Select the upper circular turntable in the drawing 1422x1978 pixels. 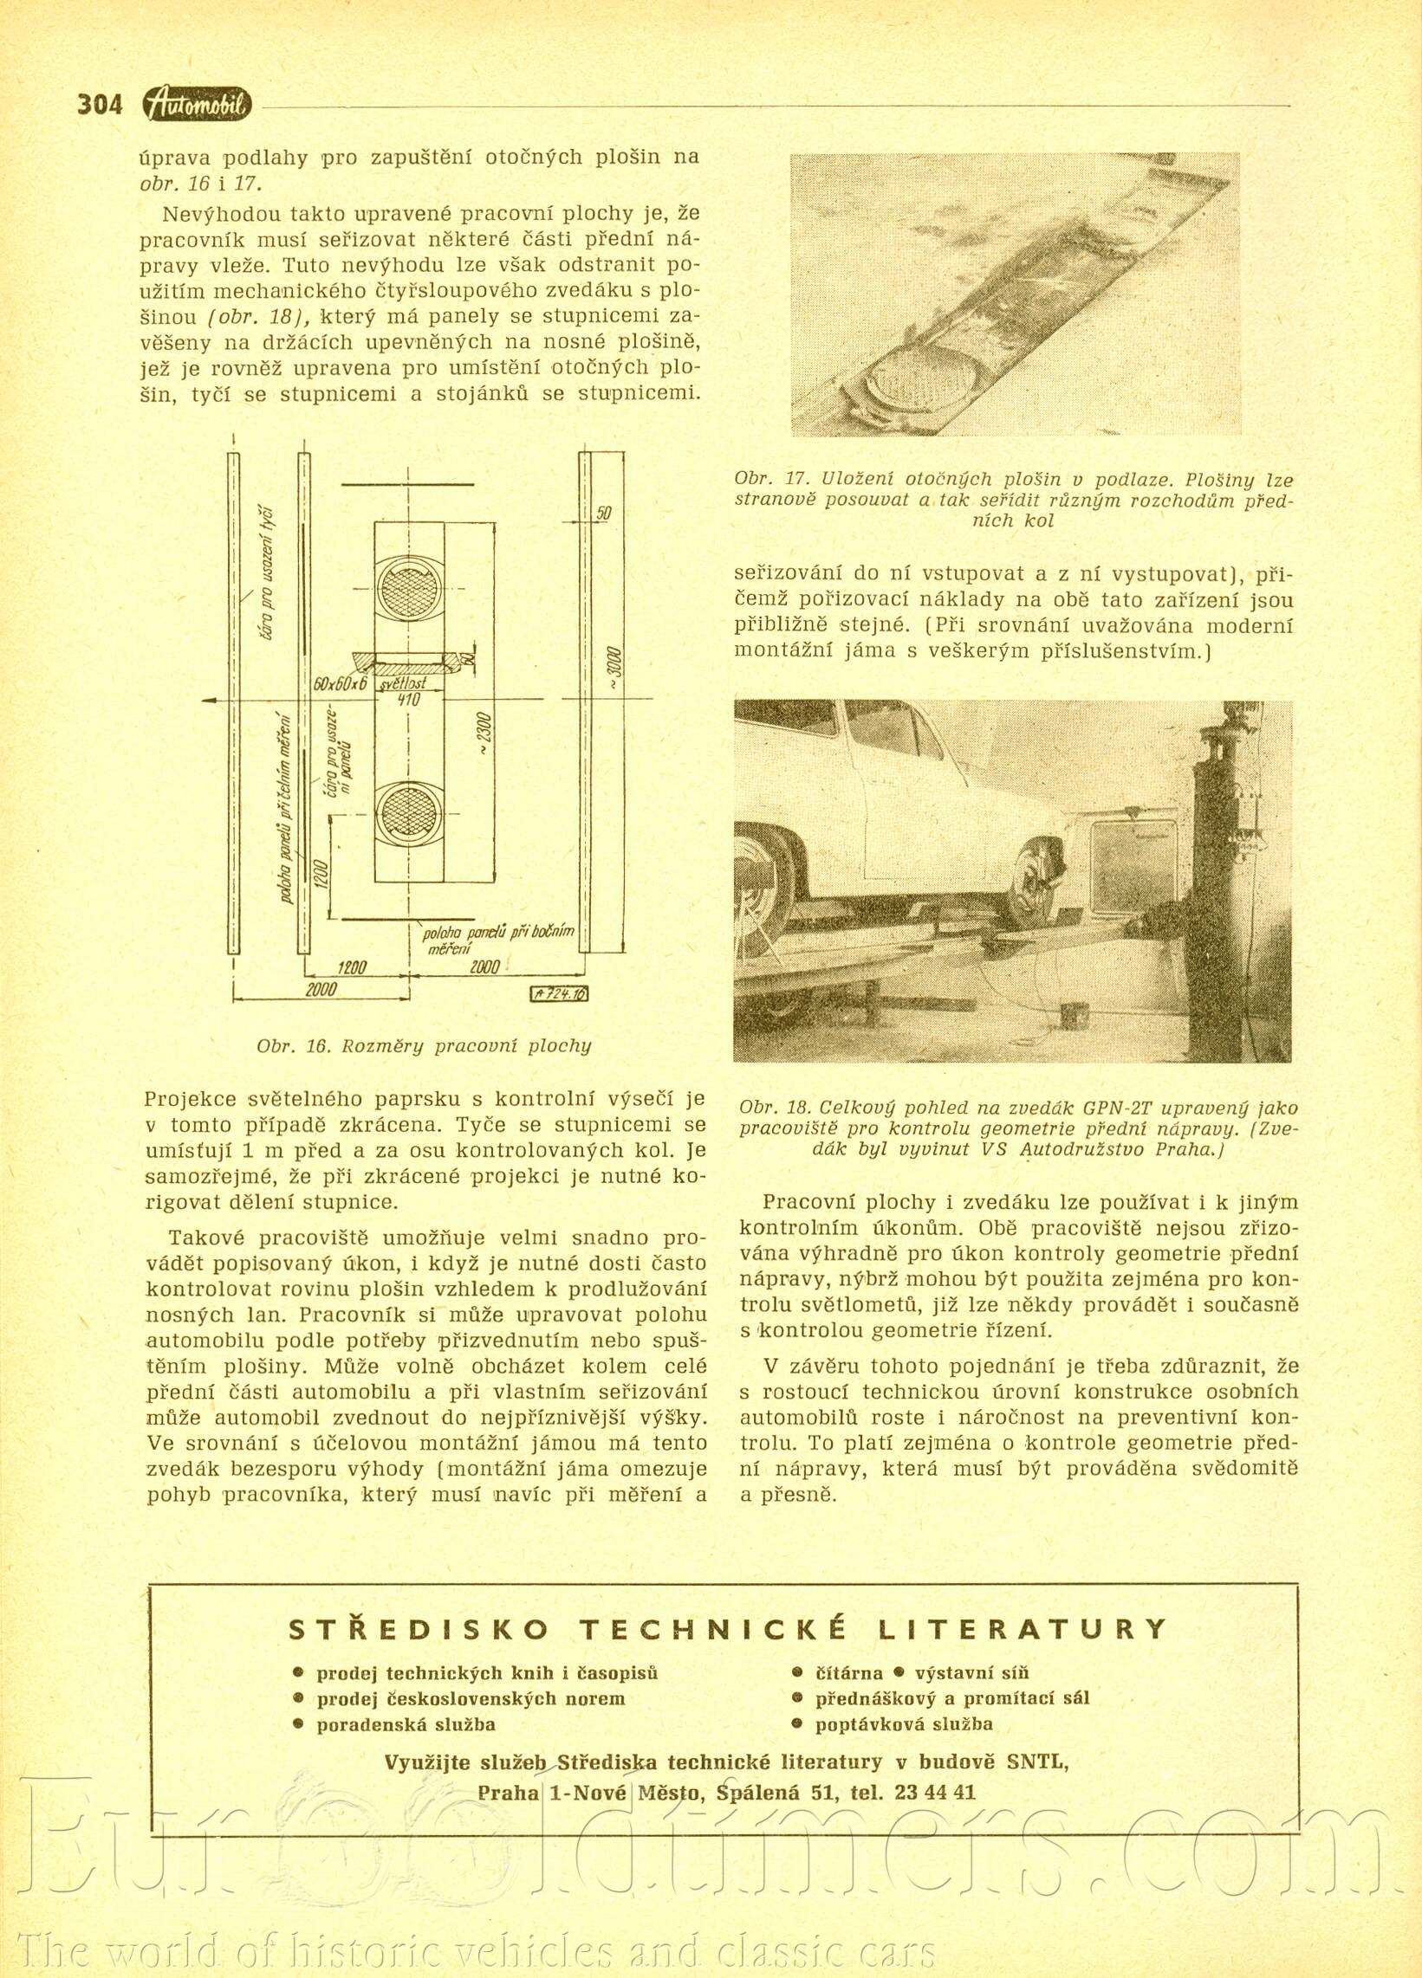click(x=409, y=585)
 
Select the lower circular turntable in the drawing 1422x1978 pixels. click(x=409, y=812)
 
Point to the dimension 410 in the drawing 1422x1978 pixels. click(x=409, y=701)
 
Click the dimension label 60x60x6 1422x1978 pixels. click(x=340, y=683)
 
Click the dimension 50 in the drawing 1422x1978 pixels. click(x=603, y=514)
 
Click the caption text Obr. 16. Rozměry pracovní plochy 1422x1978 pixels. click(x=424, y=1045)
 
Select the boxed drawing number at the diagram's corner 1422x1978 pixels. click(x=559, y=994)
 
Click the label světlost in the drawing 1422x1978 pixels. click(x=407, y=685)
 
